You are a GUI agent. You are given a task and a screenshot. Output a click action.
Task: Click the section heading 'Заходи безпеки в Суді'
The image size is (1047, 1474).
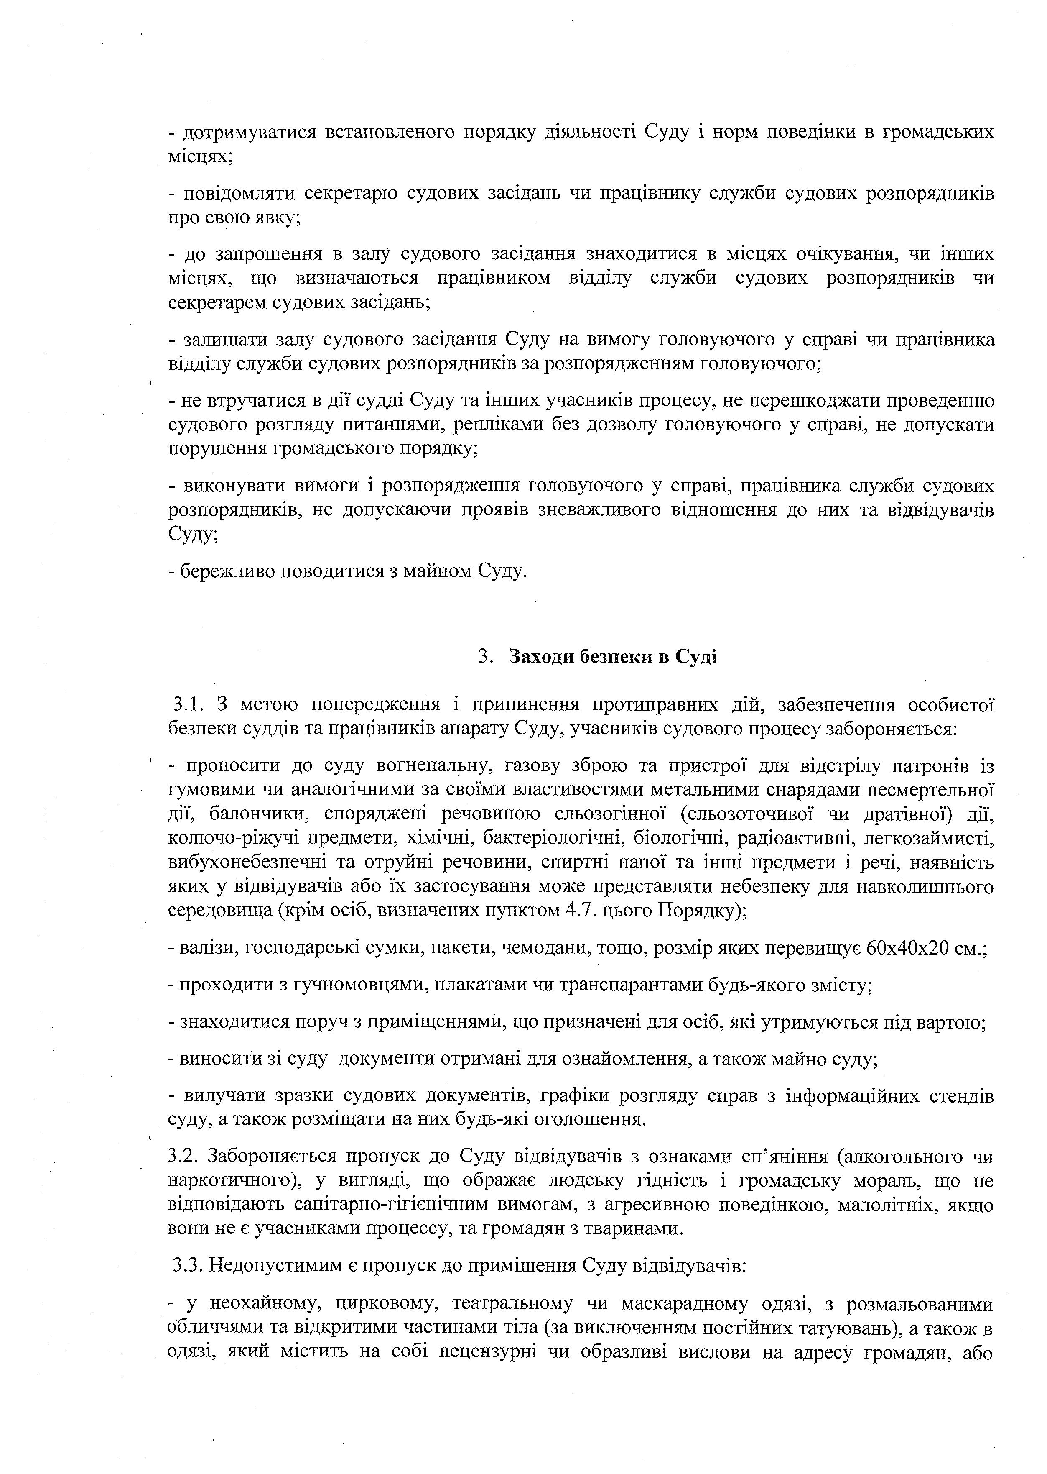pos(612,657)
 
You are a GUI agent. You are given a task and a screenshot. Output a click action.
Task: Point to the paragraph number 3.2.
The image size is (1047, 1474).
pos(184,1157)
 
